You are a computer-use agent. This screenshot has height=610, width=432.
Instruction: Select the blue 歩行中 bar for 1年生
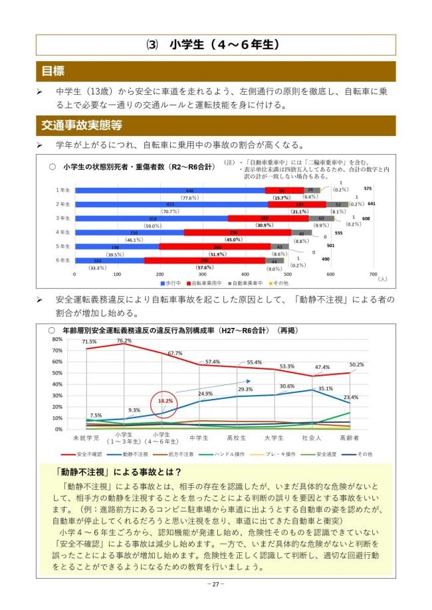169,190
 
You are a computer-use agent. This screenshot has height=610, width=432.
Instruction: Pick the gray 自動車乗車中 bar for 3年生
322,218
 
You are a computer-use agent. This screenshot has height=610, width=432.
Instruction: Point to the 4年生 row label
63,232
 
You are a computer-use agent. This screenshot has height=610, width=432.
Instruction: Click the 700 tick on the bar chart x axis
372,273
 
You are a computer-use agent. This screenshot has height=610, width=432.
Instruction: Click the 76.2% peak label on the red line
124,340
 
